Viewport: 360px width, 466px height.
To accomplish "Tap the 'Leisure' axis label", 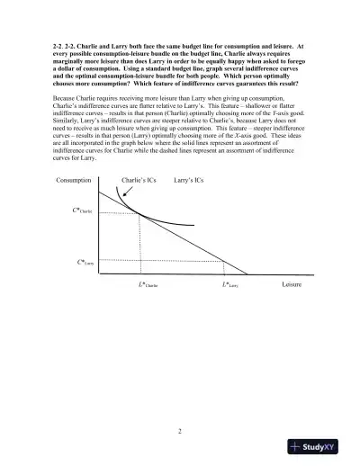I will click(292, 285).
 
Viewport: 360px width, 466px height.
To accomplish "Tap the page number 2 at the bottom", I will click(180, 430).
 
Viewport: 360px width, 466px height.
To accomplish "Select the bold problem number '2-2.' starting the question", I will click(60, 44).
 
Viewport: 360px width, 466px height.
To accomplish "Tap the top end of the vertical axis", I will click(96, 191).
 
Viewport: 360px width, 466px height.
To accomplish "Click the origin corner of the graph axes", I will click(96, 273).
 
